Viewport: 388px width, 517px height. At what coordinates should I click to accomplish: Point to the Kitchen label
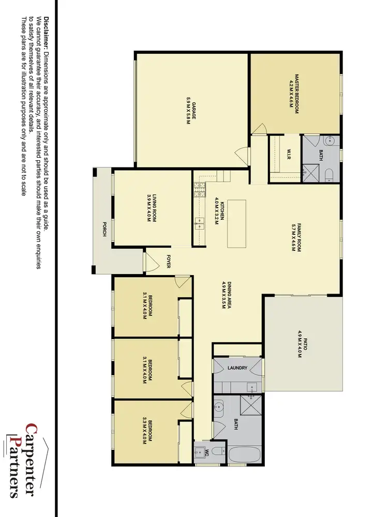pos(221,210)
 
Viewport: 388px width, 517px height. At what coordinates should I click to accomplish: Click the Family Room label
pos(295,237)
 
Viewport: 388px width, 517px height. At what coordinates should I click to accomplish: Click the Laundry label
pos(238,368)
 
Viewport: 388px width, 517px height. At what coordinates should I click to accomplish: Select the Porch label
pos(105,229)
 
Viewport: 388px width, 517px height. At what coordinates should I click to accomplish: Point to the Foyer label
pos(168,262)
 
